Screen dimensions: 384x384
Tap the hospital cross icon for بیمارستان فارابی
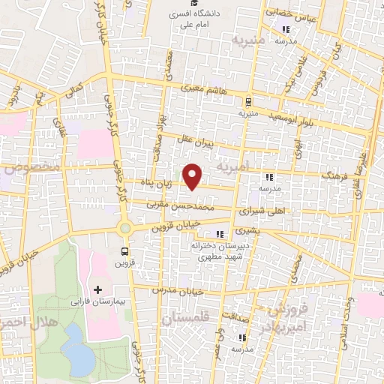pyautogui.click(x=97, y=289)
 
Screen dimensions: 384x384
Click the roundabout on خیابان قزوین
pyautogui.click(x=124, y=228)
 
